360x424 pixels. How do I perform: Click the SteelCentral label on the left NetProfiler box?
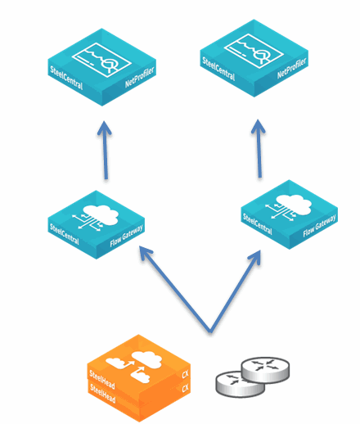point(66,78)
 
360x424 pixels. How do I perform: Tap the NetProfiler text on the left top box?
point(140,77)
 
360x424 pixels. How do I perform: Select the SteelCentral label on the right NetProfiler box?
point(218,69)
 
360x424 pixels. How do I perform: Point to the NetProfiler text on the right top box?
point(292,68)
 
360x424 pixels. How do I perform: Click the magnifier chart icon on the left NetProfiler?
point(101,60)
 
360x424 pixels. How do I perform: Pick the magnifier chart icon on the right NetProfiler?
point(254,51)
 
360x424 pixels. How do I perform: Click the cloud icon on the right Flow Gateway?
point(289,207)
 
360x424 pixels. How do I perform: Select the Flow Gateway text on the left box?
point(126,236)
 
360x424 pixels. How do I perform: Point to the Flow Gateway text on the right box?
point(319,225)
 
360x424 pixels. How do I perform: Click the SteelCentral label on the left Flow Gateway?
point(65,234)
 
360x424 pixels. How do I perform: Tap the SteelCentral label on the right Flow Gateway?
point(258,224)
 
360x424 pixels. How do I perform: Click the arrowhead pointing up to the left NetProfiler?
point(105,128)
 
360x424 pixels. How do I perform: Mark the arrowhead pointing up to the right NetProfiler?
point(258,126)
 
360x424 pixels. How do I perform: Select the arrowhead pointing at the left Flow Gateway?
point(145,251)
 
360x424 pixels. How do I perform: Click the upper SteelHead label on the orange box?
point(102,380)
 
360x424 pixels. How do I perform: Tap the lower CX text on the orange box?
point(185,388)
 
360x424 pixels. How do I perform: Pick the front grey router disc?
point(240,384)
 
